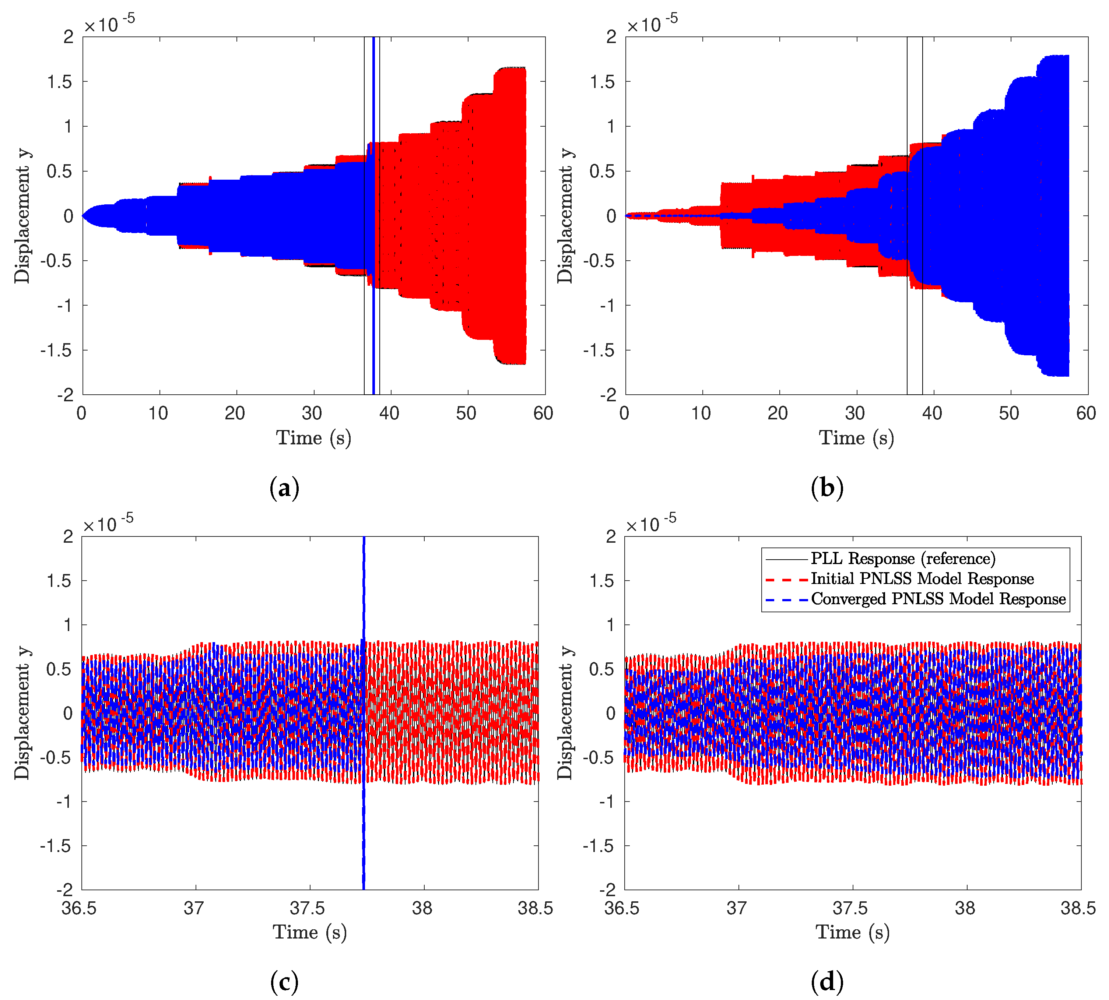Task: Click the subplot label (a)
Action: pos(284,487)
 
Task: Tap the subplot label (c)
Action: pos(284,981)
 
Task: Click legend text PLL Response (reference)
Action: pos(903,559)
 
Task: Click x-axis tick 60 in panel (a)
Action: pos(543,413)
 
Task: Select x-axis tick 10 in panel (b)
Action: pos(701,413)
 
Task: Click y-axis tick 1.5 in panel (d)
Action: pos(601,581)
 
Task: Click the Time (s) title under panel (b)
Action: pos(856,438)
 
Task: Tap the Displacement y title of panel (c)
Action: pos(22,713)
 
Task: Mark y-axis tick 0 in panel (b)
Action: pos(611,216)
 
